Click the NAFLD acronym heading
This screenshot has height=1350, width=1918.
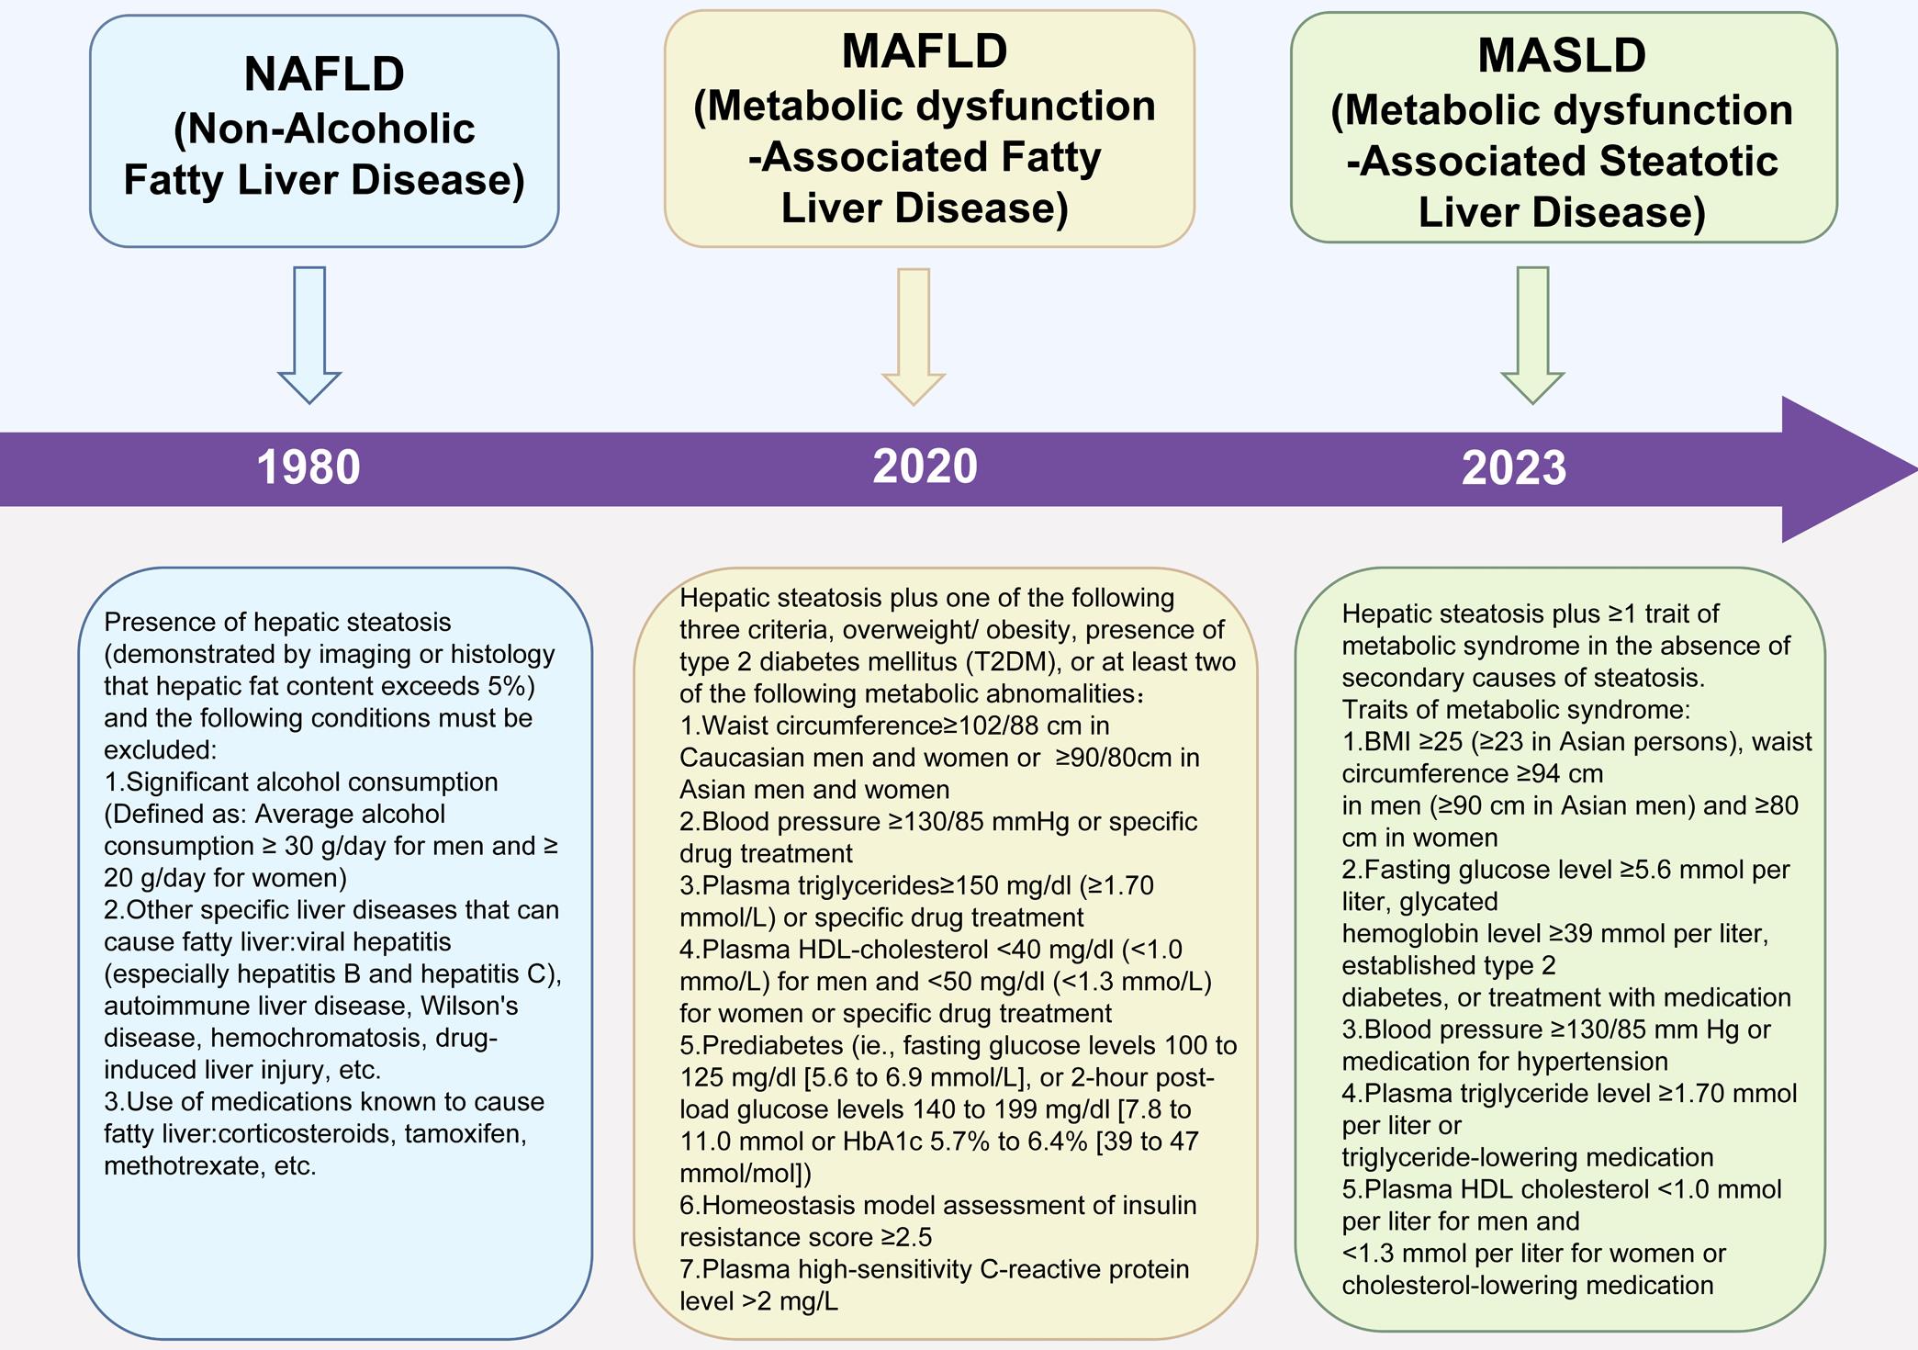324,74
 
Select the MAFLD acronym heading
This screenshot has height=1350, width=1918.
925,51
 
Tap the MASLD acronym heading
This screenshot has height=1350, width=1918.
1562,55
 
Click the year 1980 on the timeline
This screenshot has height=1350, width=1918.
308,467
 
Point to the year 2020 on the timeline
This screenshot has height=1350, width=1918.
925,467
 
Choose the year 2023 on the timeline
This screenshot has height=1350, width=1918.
1513,468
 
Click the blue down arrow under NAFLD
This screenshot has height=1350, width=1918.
309,334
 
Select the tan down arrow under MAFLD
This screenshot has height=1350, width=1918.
914,336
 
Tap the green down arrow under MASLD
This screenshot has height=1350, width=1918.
1532,334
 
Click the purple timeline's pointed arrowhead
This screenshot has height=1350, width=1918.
1845,469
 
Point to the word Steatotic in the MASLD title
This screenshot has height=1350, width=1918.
1688,162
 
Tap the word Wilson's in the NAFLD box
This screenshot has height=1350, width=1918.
469,1006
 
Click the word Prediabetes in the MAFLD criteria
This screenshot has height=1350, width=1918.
773,1045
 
